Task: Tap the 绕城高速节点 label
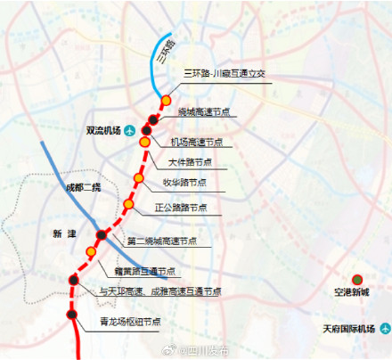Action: [x=207, y=112]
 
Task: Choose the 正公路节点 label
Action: [x=181, y=207]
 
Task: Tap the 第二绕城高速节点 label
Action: [x=167, y=241]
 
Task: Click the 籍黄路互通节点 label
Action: [x=144, y=270]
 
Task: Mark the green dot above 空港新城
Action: [x=358, y=281]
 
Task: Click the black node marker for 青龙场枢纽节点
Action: [x=73, y=313]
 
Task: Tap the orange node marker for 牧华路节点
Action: [x=138, y=178]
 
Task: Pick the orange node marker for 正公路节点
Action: [x=128, y=205]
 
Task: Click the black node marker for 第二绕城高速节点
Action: [x=101, y=236]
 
